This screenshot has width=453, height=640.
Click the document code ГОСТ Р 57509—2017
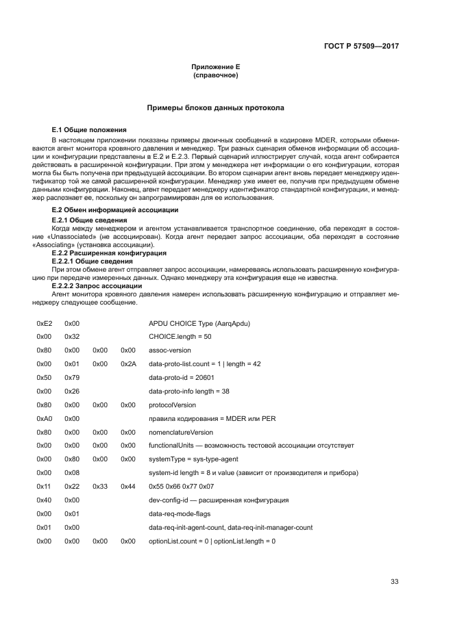361,47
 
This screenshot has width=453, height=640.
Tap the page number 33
394,582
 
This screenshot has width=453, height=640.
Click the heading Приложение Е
216,67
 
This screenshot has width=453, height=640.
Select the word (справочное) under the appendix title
216,75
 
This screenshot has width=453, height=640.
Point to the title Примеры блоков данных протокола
216,108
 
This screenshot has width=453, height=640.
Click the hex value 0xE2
44,322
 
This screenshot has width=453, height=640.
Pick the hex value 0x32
72,336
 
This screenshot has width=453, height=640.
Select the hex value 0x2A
128,363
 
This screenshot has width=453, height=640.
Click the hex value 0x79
72,377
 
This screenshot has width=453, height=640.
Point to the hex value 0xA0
44,418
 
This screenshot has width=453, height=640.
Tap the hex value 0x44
128,487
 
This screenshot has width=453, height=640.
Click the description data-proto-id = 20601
182,377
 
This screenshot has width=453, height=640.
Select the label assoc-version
171,350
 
